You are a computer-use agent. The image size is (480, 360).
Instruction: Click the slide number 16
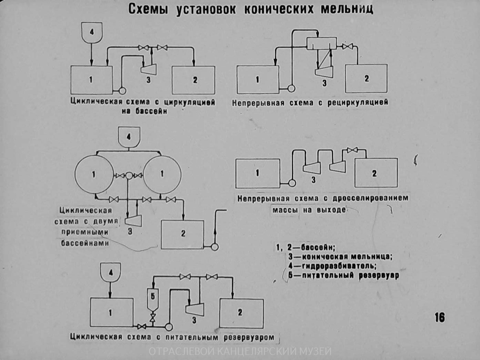pyautogui.click(x=440, y=317)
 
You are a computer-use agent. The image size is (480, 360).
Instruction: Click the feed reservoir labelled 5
pyautogui.click(x=152, y=298)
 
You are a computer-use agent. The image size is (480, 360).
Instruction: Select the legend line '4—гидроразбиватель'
pyautogui.click(x=332, y=266)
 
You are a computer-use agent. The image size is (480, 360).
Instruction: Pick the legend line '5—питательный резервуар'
pyautogui.click(x=344, y=275)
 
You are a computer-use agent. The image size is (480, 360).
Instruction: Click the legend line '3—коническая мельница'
pyautogui.click(x=340, y=257)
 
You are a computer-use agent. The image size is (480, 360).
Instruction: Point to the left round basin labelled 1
pyautogui.click(x=94, y=174)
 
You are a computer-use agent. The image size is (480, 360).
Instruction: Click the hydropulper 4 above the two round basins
pyautogui.click(x=129, y=137)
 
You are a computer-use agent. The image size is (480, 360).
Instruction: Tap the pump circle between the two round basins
pyautogui.click(x=129, y=176)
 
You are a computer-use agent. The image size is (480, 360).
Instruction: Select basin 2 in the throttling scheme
pyautogui.click(x=376, y=173)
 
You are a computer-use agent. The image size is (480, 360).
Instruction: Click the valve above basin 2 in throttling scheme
pyautogui.click(x=352, y=150)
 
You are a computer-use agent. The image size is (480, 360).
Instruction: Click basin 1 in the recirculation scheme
pyautogui.click(x=258, y=80)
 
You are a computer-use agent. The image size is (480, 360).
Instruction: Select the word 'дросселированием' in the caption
pyautogui.click(x=370, y=199)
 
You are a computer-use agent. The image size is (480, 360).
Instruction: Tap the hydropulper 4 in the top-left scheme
pyautogui.click(x=91, y=32)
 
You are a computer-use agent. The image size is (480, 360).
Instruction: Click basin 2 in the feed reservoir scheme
pyautogui.click(x=241, y=313)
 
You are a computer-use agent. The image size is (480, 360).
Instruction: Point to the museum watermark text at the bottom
pyautogui.click(x=240, y=352)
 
